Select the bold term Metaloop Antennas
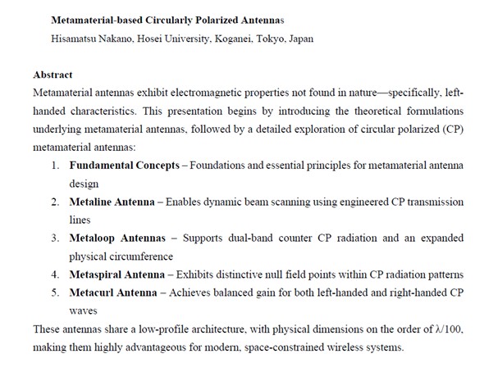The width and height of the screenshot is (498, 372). (x=116, y=238)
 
